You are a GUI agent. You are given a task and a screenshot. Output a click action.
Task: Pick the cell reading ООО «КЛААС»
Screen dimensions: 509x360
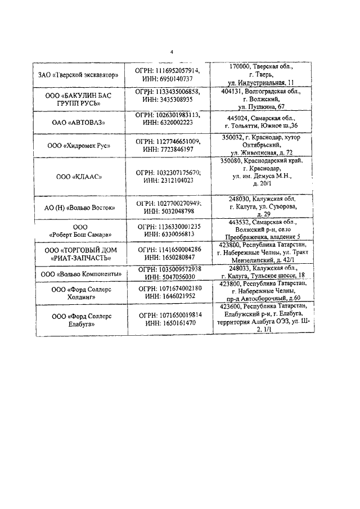coord(79,177)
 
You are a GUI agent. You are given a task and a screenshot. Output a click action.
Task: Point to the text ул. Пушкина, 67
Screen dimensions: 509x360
coord(261,106)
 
